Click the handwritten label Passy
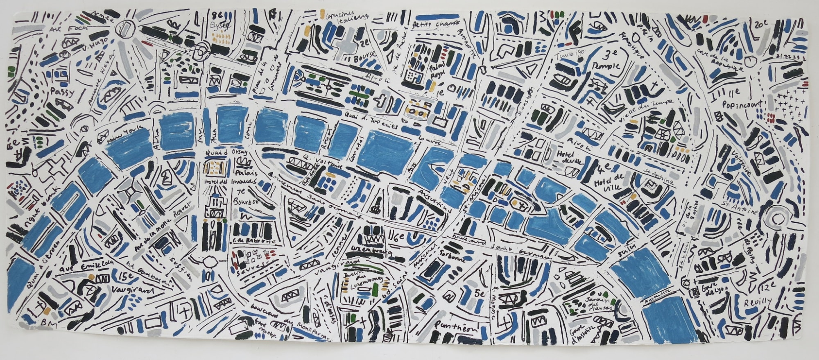coord(62,92)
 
